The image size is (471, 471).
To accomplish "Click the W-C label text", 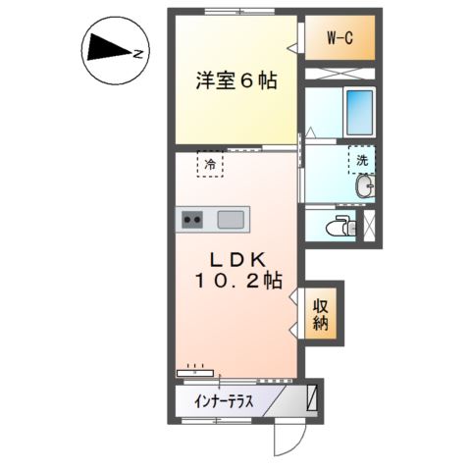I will pos(340,38).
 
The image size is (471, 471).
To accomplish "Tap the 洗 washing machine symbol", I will pos(361,159).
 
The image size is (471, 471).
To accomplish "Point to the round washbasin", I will pos(366,187).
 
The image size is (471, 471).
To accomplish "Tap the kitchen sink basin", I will pos(233,219).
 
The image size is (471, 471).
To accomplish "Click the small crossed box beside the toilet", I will pos(370,224).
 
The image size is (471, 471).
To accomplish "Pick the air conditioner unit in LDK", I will pos(194,373).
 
